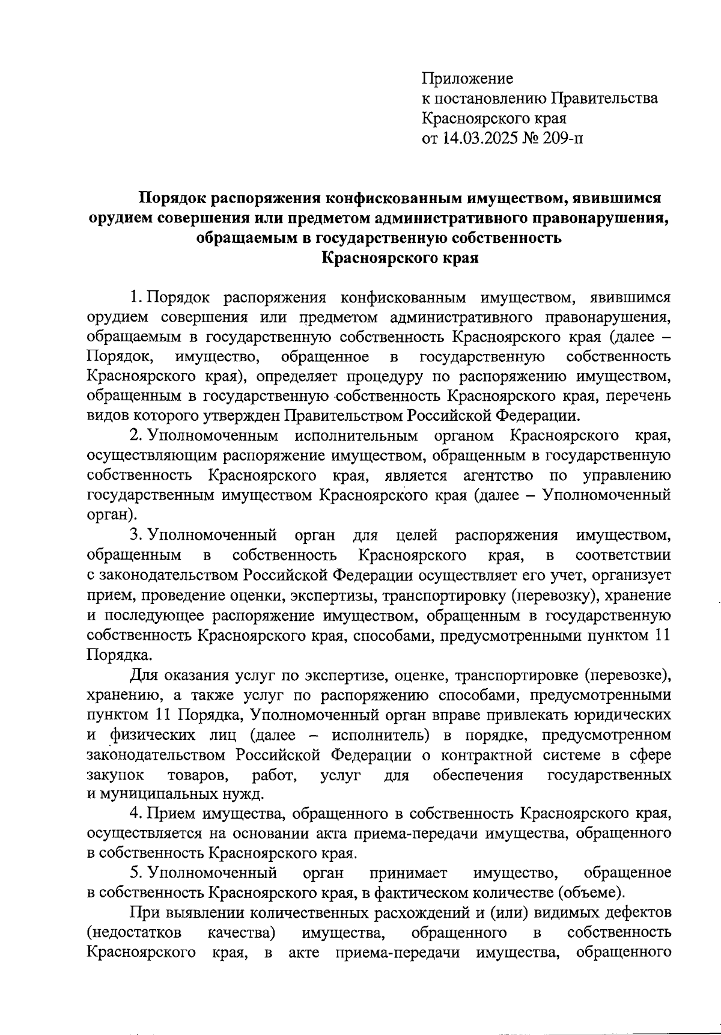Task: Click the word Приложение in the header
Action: point(467,78)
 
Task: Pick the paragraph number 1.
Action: point(135,297)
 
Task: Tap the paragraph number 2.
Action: point(135,436)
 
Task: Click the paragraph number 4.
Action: point(135,813)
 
